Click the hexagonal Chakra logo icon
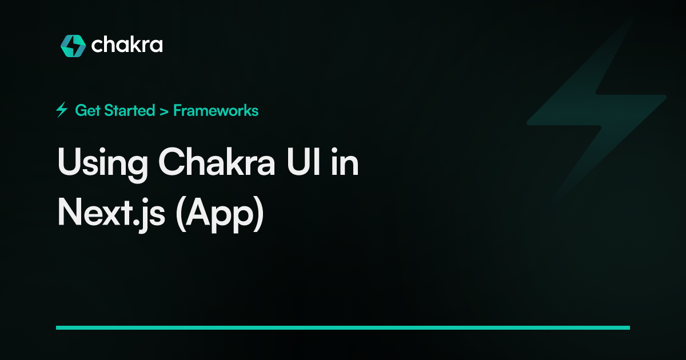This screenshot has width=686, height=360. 73,46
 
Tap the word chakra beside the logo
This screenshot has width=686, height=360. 127,45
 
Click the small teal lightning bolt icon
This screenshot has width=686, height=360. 62,110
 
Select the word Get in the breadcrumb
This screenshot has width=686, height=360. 87,110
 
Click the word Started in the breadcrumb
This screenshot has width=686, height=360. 130,110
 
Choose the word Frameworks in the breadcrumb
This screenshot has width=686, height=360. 216,110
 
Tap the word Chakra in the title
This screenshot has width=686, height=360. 217,162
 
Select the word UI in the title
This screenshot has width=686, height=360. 304,162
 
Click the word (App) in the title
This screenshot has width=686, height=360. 220,214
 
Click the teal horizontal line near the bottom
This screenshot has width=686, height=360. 343,327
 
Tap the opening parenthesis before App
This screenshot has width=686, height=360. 181,214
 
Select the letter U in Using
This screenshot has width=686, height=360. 69,162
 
